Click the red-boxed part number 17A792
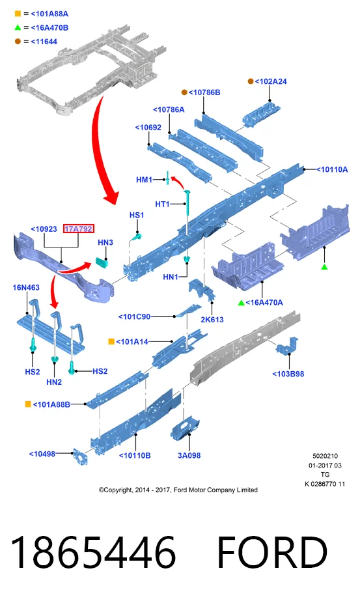(79, 229)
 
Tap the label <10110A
(331, 169)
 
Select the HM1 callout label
(145, 180)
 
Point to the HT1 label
(162, 204)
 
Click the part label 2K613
(212, 319)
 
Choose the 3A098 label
(189, 455)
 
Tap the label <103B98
(288, 374)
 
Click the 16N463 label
(26, 287)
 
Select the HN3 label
(105, 242)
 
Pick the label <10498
(42, 454)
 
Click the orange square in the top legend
(18, 14)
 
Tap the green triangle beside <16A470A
(241, 303)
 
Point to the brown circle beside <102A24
(251, 81)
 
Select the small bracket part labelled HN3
(102, 262)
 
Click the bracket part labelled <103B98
(287, 346)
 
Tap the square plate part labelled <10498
(80, 456)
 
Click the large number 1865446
(93, 552)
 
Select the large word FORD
(272, 552)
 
